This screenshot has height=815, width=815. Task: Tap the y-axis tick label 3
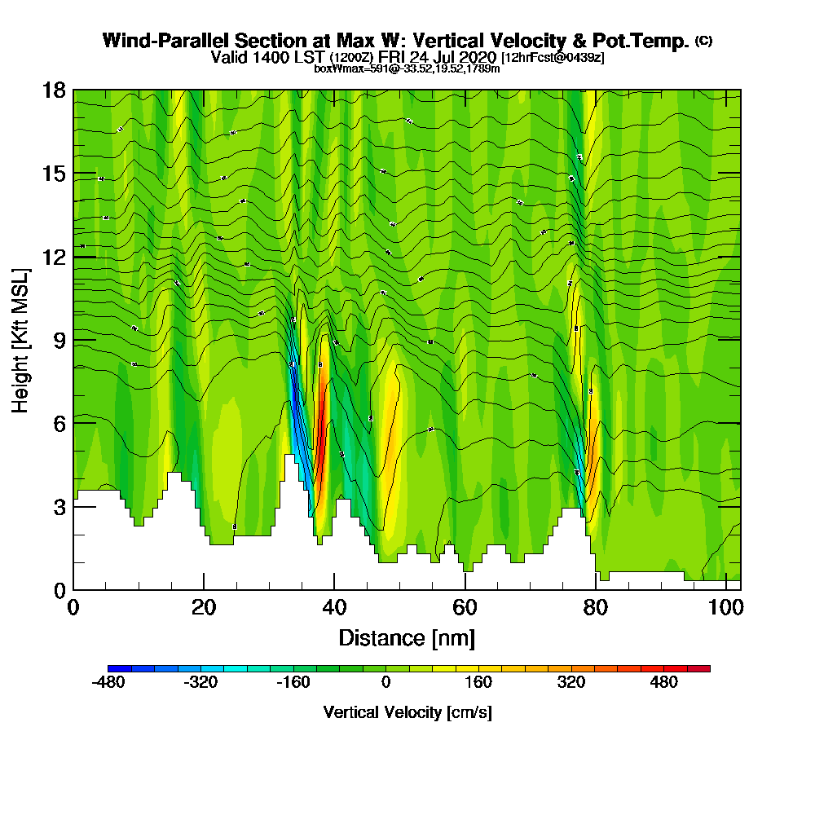tap(59, 506)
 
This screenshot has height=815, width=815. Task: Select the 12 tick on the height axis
tap(54, 257)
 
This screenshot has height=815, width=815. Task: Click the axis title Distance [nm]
tap(407, 637)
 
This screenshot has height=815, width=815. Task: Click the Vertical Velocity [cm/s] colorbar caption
tap(407, 712)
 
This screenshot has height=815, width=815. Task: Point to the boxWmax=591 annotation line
tap(407, 68)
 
